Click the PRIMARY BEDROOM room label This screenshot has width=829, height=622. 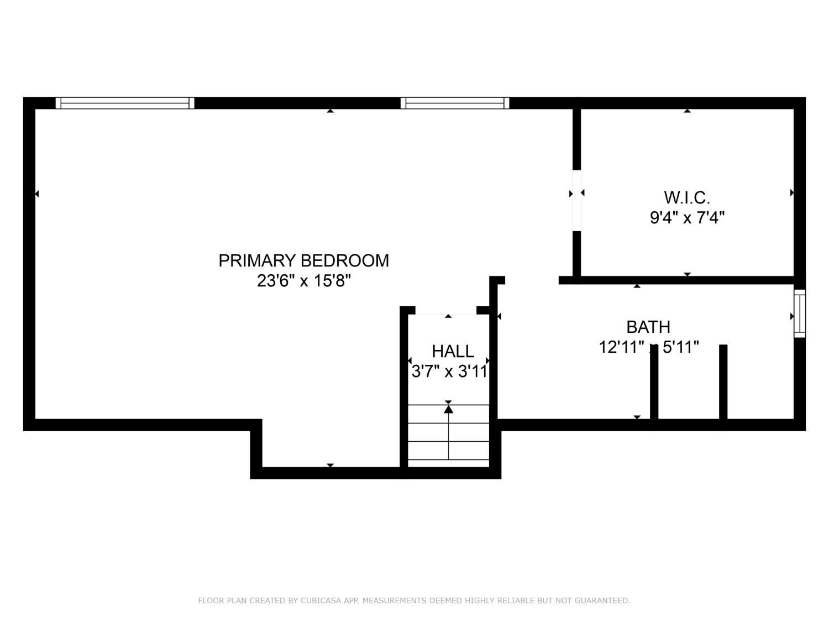tap(303, 260)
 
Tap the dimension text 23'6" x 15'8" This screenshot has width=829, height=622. tap(303, 281)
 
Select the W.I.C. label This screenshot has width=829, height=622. tap(686, 197)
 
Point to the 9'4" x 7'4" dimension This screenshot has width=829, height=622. tap(686, 217)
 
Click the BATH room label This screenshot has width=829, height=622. tap(648, 327)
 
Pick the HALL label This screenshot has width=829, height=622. tap(453, 351)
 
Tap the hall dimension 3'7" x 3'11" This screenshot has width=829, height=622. tap(449, 371)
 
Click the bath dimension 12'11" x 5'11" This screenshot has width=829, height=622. tap(649, 347)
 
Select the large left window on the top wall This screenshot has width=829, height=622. tap(125, 103)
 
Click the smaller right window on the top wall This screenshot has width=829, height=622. tap(454, 103)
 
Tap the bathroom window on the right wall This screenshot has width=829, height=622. tap(800, 313)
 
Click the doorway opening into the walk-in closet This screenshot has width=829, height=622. tap(576, 200)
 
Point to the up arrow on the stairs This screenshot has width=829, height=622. tap(448, 409)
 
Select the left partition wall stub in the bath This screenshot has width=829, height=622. tap(654, 384)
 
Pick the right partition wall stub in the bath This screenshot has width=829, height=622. tap(723, 384)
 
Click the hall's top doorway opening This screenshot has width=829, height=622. tap(445, 310)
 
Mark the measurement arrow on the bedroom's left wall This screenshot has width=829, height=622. tap(37, 194)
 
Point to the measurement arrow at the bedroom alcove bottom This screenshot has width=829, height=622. tap(330, 465)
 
